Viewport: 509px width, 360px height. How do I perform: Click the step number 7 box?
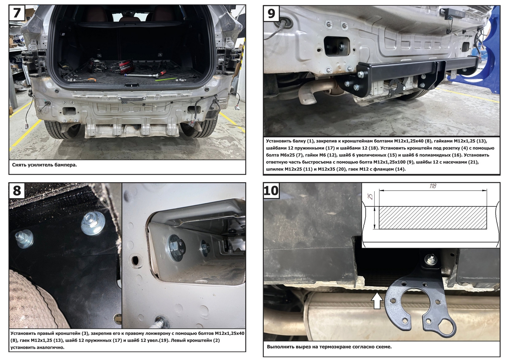17,13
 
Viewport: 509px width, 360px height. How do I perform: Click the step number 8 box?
17,190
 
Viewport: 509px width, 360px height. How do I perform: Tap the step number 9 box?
271,14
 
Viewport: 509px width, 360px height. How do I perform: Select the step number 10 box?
271,190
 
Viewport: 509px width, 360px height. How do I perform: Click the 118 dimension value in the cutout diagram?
433,186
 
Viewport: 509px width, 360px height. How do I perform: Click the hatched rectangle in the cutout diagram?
433,217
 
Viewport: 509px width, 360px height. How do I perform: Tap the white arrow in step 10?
377,301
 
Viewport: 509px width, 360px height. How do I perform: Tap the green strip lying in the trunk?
166,79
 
